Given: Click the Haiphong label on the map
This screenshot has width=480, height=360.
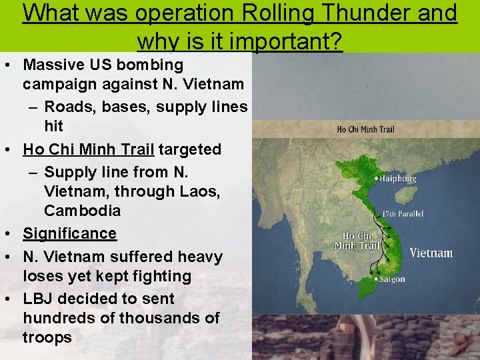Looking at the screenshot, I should click(x=399, y=179).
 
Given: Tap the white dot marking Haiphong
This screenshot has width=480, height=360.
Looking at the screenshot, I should click(x=377, y=179).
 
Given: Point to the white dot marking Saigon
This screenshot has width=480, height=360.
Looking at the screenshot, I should click(x=376, y=279).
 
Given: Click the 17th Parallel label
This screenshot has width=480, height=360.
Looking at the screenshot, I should click(x=403, y=214).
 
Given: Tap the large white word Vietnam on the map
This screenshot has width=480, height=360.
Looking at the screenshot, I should click(x=431, y=253).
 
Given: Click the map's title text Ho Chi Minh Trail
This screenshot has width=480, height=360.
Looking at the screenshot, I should click(x=365, y=129).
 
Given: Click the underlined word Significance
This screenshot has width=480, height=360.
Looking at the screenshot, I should click(x=69, y=233).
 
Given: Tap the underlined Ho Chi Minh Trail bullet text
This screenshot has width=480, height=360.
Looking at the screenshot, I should click(x=89, y=149).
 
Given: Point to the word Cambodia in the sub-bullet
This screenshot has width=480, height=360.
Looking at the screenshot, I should click(x=83, y=211).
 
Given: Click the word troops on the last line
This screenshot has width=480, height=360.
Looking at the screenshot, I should click(x=47, y=337).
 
